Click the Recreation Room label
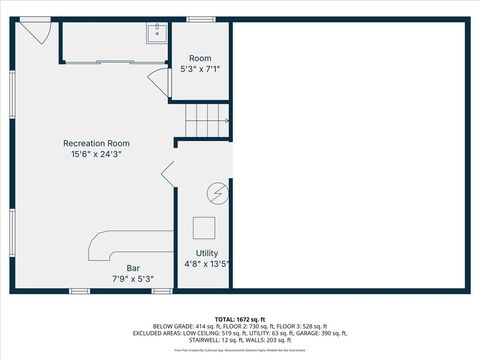pos(97,144)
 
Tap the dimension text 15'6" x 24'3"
pos(97,155)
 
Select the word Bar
pos(132,267)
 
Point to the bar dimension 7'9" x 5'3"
pos(132,278)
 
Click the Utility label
pos(207,253)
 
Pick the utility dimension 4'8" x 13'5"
pos(207,264)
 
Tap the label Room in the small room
pos(201,59)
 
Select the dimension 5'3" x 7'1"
pos(201,70)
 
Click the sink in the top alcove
pos(155,34)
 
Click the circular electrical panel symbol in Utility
pos(216,192)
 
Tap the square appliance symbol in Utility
pos(204,226)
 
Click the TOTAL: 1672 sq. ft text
pos(240,318)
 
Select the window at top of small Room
pos(201,20)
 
